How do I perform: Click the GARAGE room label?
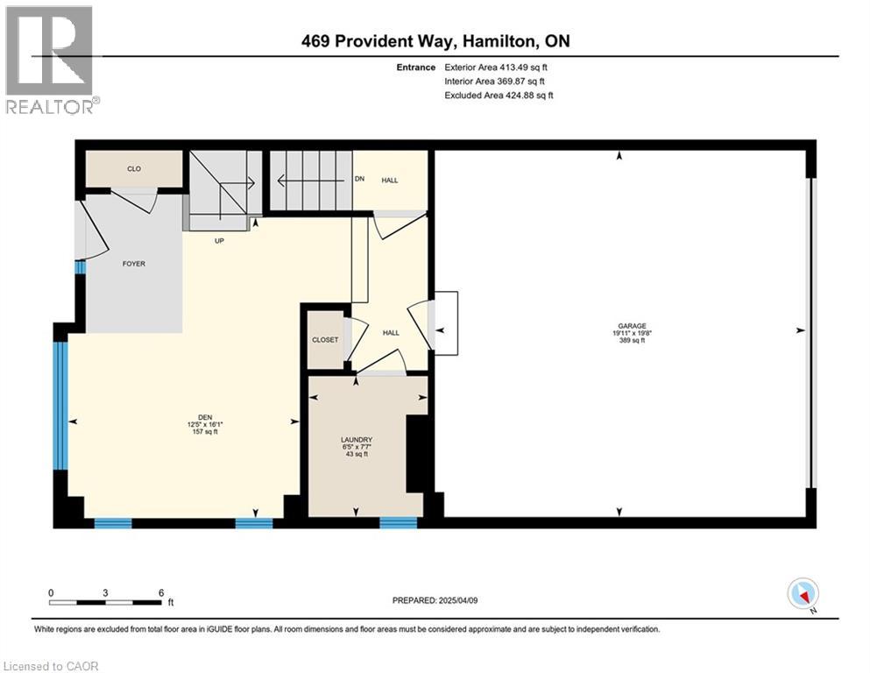(632, 326)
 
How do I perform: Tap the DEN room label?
(205, 418)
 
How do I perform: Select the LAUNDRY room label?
(357, 440)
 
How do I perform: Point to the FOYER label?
(134, 264)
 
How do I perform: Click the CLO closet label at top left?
(134, 168)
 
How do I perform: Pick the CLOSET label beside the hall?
(325, 339)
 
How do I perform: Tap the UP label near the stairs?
(219, 241)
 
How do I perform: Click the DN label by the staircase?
(359, 179)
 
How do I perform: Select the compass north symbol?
(803, 595)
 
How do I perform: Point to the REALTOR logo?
(51, 60)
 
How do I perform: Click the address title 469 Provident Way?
(435, 41)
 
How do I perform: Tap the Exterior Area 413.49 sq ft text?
(496, 67)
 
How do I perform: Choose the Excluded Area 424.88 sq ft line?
(499, 95)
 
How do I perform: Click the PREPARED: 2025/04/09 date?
(435, 600)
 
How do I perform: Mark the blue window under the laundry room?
(399, 522)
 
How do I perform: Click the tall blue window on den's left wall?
(60, 406)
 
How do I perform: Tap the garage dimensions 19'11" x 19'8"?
(632, 334)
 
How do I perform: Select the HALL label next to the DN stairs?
(390, 181)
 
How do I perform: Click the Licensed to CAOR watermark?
(51, 666)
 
